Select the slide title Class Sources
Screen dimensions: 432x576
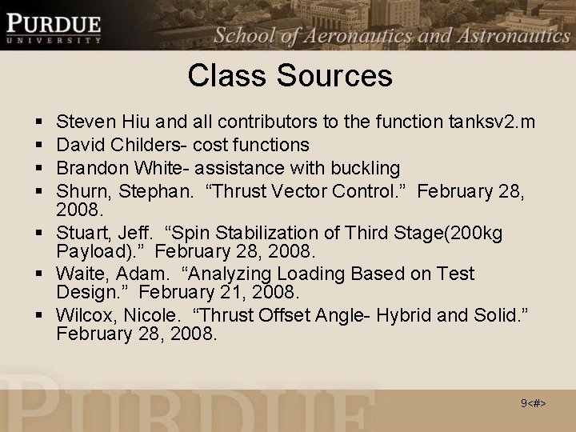(x=290, y=76)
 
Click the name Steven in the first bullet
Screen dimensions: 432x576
(x=86, y=122)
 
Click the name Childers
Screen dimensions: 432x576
(x=141, y=145)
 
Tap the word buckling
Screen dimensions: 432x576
(x=366, y=168)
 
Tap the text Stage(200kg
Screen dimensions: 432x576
(x=453, y=234)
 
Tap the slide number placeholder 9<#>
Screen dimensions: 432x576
(x=534, y=403)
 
